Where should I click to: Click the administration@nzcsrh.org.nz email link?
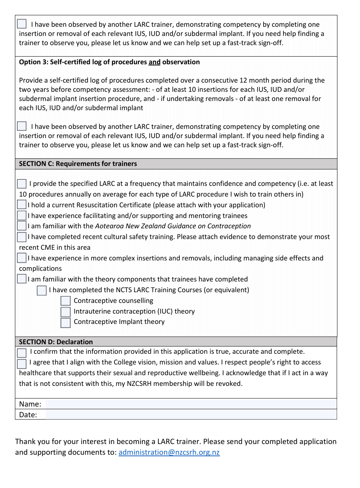point(169,452)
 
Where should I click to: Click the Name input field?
point(191,404)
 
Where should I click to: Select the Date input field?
point(191,415)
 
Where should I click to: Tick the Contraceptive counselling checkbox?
point(65,301)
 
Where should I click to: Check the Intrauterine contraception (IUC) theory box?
point(65,312)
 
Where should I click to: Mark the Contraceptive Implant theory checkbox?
point(65,322)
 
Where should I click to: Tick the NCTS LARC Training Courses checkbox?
point(42,291)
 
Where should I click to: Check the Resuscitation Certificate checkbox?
point(22,205)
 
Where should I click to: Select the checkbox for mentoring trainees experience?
point(22,216)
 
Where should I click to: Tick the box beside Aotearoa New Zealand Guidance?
point(22,226)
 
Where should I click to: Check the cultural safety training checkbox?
point(22,237)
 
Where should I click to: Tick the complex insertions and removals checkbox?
point(22,258)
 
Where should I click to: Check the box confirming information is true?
point(22,352)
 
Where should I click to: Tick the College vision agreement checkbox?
point(22,363)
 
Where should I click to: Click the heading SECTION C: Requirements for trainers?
point(78,164)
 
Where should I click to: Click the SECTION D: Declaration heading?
point(56,342)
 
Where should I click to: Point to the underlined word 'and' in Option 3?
point(154,62)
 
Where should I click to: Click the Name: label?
point(30,404)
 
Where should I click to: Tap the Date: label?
point(28,415)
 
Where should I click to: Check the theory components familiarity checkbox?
point(22,279)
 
